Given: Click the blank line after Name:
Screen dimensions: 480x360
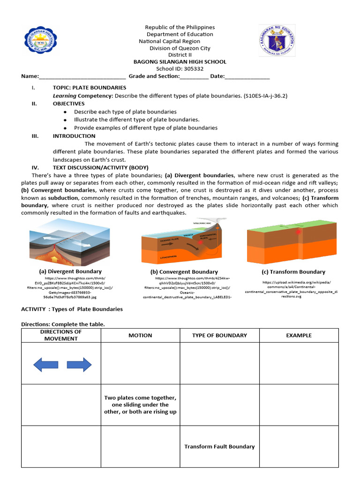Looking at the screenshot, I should click(x=82, y=76).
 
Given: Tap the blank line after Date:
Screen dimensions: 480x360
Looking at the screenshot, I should click(x=247, y=76).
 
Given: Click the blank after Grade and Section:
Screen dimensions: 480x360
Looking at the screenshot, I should click(x=194, y=76).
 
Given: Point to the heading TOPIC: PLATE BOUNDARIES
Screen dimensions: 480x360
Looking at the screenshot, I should click(x=89, y=88).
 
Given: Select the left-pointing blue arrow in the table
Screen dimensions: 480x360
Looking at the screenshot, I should click(x=45, y=364).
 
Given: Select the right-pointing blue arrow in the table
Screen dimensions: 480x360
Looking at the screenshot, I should click(x=79, y=364).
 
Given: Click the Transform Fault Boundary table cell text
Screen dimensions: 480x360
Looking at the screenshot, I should click(x=219, y=447).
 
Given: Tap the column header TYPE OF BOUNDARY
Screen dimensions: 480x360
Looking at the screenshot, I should click(x=219, y=335).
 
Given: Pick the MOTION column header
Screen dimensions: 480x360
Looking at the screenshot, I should click(x=140, y=335).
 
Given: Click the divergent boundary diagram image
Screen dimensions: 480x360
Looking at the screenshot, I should click(x=70, y=242).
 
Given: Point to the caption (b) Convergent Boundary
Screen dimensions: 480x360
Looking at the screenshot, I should click(x=184, y=272).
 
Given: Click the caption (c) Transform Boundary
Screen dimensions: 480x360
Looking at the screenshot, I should click(x=293, y=272).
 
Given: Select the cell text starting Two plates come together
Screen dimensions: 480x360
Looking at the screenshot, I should click(x=140, y=405).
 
